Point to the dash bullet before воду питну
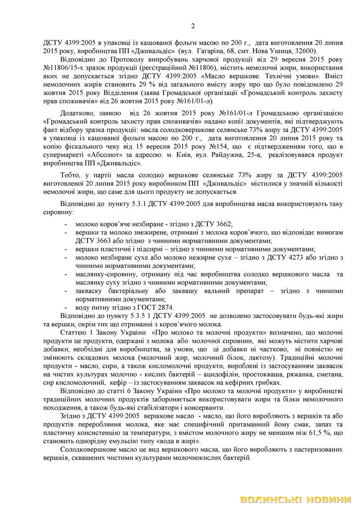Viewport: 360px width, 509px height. point(66,307)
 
